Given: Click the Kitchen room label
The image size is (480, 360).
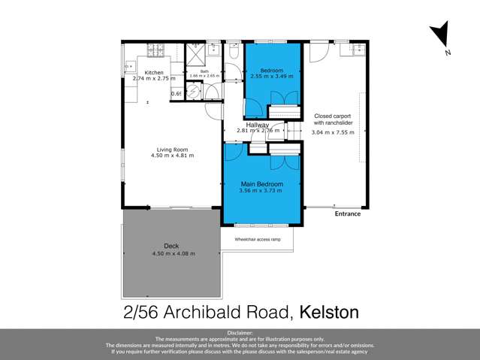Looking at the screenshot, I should coord(153,72).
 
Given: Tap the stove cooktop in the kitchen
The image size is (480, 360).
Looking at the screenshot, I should coord(156,50).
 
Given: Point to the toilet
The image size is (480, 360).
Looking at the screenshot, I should coord(234,53).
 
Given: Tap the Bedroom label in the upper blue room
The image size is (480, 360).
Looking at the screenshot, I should coord(270,70).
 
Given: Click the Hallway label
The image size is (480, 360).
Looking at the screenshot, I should coord(258,125).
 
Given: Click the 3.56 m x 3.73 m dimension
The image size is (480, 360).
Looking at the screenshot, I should coord(261,191).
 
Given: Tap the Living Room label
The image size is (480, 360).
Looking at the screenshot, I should coord(172,149).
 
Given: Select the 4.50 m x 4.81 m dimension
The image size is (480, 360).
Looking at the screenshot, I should coord(172,156).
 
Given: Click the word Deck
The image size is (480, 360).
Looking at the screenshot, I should coord(171,246).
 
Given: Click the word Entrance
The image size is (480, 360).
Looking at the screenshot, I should coord(348,213).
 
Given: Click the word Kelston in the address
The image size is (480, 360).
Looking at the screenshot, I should coord(329,310).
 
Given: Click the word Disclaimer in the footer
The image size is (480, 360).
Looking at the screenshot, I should coord(240,331).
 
